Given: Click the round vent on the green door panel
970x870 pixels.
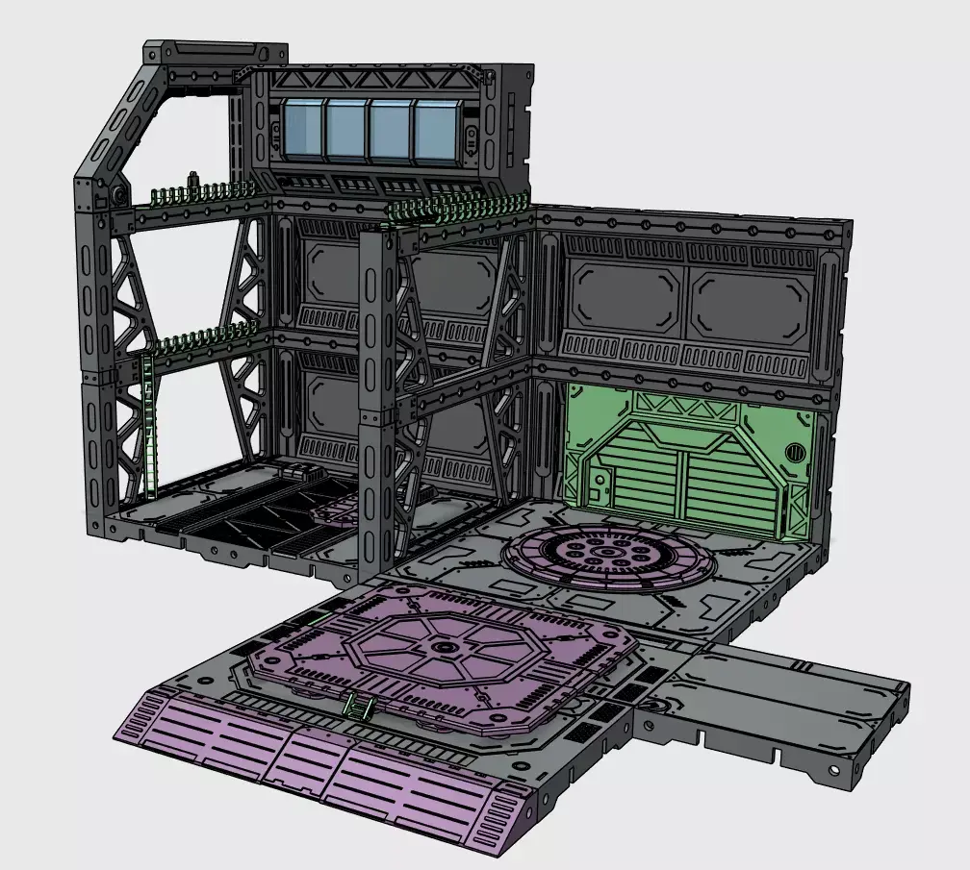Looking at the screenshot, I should click(x=795, y=451).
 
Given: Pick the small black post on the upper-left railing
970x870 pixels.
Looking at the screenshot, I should click(x=192, y=182).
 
